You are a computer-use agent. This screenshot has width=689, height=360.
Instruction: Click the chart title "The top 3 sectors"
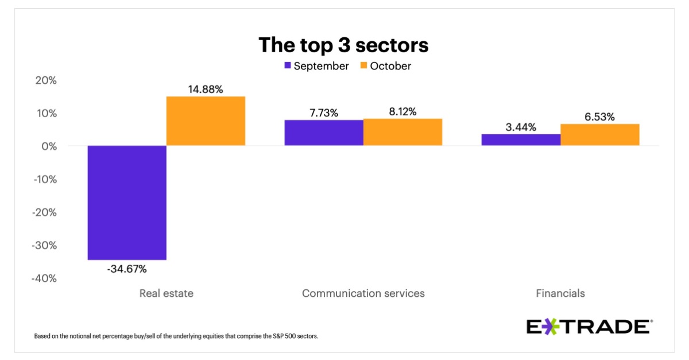(343, 44)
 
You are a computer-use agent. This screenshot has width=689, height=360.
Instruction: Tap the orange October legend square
(364, 66)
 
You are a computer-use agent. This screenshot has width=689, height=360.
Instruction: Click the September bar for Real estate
(127, 203)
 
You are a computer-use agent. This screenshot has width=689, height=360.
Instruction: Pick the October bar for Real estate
(206, 121)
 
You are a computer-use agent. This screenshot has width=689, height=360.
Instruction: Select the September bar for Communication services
(324, 133)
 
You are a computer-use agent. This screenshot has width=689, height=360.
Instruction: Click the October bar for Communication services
(402, 132)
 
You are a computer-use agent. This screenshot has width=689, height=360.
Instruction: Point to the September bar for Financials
(521, 140)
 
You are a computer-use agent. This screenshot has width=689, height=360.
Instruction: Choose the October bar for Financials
(599, 134)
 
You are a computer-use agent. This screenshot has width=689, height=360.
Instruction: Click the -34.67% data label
(127, 269)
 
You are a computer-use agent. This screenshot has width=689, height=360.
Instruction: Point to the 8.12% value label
(402, 111)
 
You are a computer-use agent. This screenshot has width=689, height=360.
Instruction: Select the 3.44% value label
(520, 127)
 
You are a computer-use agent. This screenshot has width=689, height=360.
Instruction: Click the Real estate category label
(166, 293)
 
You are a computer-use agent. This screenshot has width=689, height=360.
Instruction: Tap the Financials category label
(560, 293)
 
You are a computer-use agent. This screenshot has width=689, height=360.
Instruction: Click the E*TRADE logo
(589, 327)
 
